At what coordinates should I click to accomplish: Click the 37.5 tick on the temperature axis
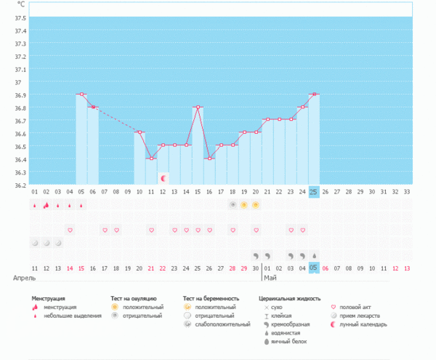click(20, 17)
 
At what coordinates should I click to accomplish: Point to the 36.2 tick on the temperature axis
click(20, 185)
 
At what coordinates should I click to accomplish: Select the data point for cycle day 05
click(81, 95)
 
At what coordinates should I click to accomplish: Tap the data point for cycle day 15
click(198, 108)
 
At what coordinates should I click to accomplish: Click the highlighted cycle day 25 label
click(314, 192)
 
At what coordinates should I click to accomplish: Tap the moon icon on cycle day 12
click(163, 177)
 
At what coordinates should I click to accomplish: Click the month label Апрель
click(24, 279)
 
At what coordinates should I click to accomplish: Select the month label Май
click(270, 279)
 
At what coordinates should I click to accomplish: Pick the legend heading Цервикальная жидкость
click(289, 299)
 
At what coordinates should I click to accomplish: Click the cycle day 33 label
click(406, 192)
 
